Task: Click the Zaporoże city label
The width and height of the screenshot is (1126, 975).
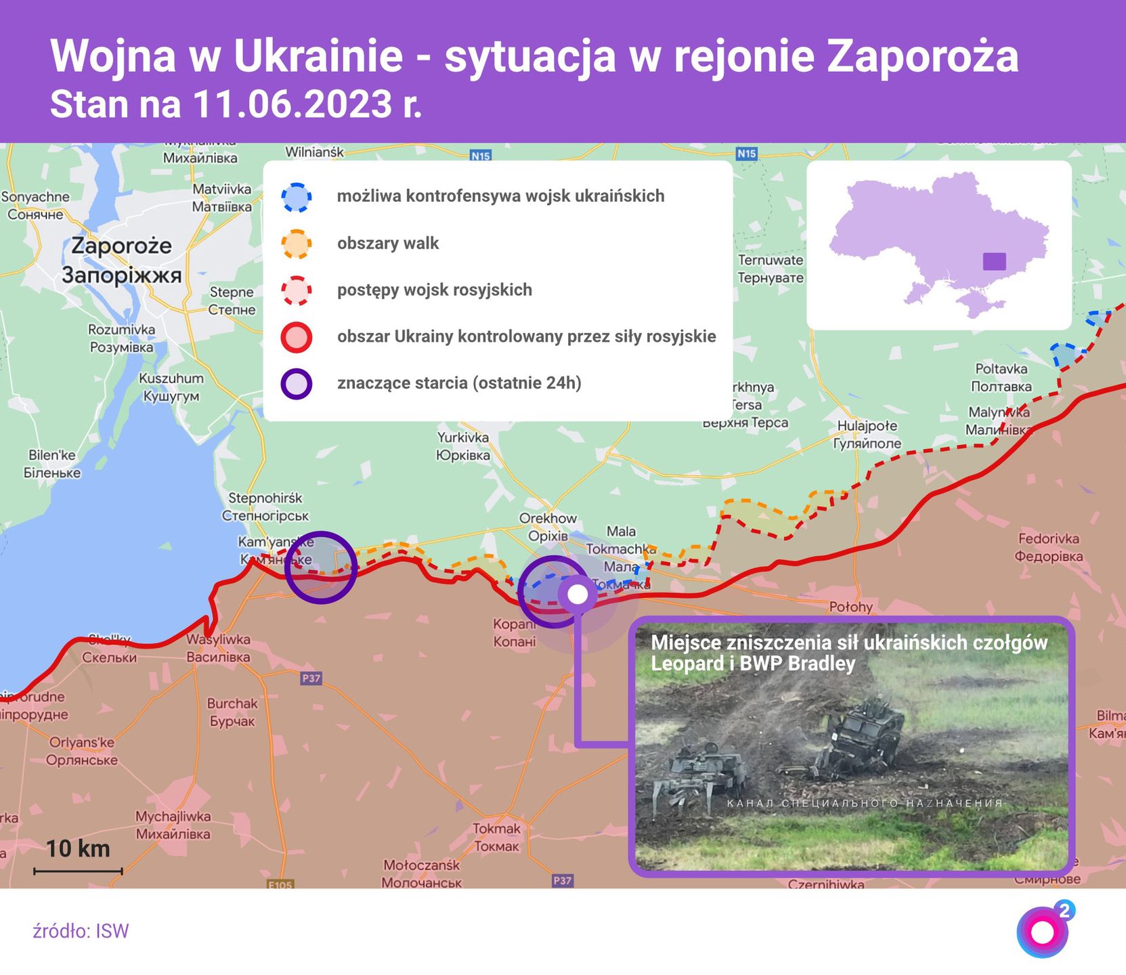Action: coord(121,245)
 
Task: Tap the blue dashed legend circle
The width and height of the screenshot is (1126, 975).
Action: coord(297,197)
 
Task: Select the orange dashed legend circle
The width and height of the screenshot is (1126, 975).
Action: coord(297,244)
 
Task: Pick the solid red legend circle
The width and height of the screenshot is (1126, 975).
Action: coord(297,337)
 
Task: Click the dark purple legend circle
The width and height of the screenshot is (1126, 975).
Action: coord(297,384)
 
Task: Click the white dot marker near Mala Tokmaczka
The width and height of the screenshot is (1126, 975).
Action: coord(577,594)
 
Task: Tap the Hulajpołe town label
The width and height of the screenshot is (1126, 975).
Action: coord(867,426)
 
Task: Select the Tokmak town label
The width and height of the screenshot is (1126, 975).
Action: coord(497,829)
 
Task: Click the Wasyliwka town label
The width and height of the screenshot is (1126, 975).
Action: coord(218,639)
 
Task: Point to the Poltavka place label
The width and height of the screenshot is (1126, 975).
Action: coord(1001,369)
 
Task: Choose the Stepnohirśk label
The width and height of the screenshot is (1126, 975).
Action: coord(265,498)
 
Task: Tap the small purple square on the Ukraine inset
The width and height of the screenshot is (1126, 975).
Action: coord(994,261)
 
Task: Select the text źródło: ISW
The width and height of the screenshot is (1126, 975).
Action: coord(81,931)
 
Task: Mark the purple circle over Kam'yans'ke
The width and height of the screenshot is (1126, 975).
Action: coord(320,567)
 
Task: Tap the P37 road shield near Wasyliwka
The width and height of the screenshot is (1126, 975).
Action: coord(311,678)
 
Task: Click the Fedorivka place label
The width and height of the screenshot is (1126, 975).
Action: coord(1048,539)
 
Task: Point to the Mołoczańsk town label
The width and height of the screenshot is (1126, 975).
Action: coord(421,865)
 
